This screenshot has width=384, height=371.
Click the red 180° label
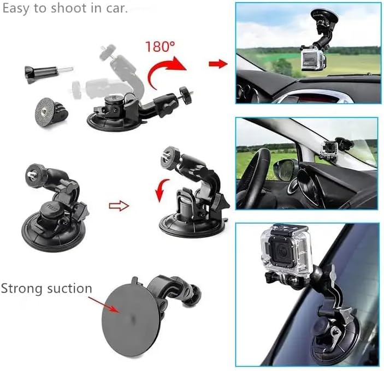[160, 46]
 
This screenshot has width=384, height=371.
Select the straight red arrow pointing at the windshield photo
[218, 64]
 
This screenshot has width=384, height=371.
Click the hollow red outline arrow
[119, 206]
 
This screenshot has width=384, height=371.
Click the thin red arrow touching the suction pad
[104, 304]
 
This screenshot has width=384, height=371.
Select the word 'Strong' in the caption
[22, 289]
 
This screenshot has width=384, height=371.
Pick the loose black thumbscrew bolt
[49, 73]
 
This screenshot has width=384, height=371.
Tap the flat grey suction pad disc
[131, 319]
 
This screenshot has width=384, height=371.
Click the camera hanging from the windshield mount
[314, 59]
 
